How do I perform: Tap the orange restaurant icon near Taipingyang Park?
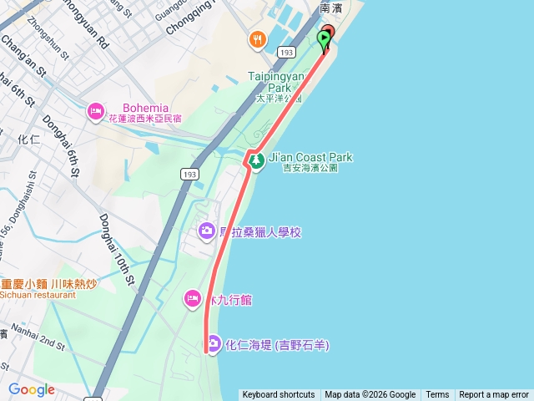(x=257, y=38)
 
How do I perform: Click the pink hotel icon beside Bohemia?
(x=95, y=109)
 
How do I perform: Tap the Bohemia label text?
(x=146, y=108)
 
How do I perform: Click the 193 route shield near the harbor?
(x=287, y=53)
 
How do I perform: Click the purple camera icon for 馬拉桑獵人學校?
(x=206, y=231)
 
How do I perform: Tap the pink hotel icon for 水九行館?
(x=193, y=298)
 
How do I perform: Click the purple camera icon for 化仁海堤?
(x=214, y=343)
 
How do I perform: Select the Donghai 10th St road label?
(x=118, y=249)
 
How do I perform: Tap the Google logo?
(x=31, y=389)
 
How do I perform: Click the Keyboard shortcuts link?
(x=279, y=395)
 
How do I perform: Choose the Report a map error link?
(x=494, y=395)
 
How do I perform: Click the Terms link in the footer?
(x=437, y=395)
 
